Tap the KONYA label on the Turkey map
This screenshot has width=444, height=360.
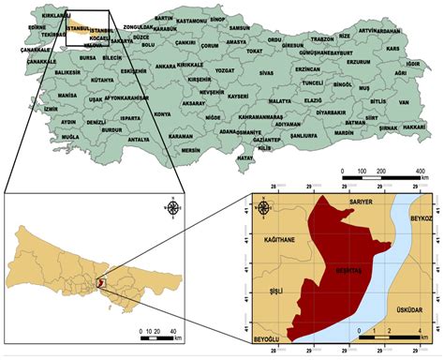tap(162, 114)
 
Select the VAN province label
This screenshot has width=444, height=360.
tap(403, 103)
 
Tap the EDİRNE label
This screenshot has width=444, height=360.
tap(37, 27)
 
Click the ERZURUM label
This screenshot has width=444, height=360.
tap(357, 61)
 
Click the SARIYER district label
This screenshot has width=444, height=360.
tap(361, 202)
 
